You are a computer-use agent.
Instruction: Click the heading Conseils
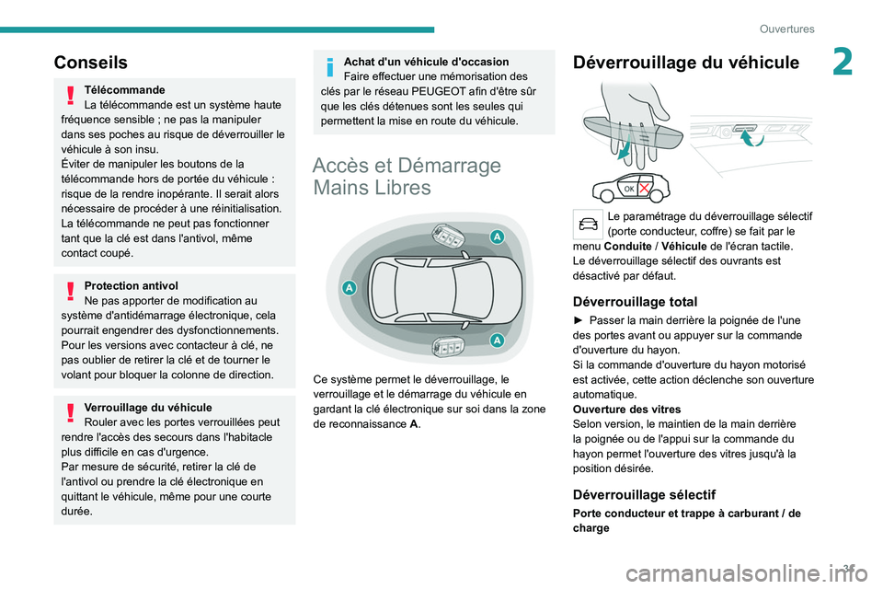(91, 63)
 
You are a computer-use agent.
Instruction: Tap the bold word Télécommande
(124, 90)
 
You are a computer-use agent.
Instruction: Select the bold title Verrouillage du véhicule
(147, 407)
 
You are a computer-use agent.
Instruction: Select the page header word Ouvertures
(786, 29)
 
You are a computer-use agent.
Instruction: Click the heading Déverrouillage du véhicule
(686, 63)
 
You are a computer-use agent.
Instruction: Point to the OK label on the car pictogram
(630, 189)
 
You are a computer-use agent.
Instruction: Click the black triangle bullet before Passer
(578, 319)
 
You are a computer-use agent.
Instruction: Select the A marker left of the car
(350, 288)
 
